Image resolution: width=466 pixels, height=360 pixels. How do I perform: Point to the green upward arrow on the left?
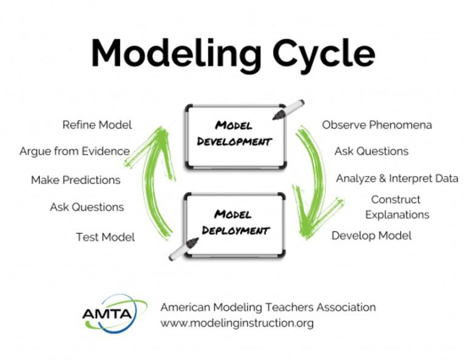155,182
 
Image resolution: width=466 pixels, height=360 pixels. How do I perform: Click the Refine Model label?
97,125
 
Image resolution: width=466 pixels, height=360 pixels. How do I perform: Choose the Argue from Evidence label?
74,151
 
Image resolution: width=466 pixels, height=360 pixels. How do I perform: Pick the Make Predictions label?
76,180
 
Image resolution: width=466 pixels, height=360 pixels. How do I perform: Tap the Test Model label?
106,237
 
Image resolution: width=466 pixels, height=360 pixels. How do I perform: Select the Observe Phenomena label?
377,125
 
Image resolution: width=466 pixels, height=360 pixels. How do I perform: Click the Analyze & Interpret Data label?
398,178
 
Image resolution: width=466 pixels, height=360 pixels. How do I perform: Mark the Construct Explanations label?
397,207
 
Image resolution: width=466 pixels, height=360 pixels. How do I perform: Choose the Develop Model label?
371,236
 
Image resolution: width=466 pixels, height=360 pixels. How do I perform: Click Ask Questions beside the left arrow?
87,207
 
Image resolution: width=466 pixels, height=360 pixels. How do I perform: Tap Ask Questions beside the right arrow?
371,151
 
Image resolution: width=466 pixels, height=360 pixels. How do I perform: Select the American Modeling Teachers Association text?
268,307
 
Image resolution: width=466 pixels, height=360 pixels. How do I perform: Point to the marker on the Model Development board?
289,110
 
